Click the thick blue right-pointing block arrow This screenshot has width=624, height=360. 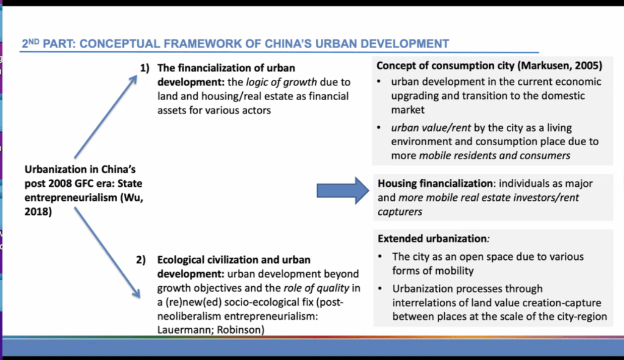pos(343,191)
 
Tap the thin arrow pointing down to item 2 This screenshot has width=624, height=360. pos(107,253)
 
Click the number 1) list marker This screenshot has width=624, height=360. pos(145,68)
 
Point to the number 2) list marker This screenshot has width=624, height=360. pos(141,260)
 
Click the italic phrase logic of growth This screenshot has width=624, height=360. pos(281,82)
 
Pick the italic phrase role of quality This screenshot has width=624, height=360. pos(316,288)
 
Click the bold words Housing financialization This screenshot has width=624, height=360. pos(436,184)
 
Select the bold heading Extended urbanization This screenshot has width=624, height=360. pos(432,239)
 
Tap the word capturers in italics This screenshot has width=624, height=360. pos(400,212)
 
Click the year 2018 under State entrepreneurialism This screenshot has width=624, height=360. pos(37,212)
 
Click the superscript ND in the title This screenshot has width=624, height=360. pos(34,41)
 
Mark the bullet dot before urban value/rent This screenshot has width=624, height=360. pos(379,128)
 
